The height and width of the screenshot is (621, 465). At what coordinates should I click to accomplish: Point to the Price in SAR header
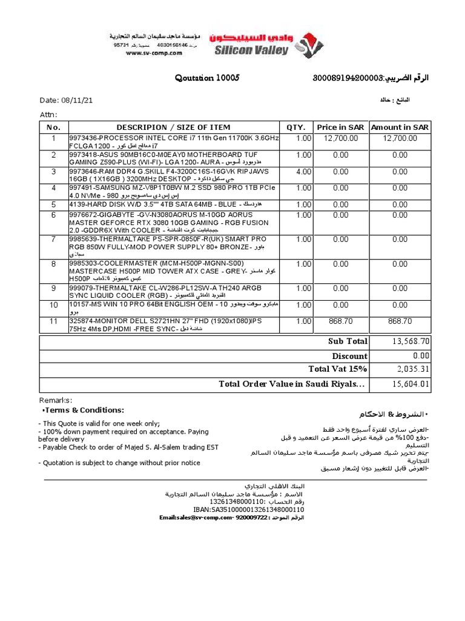340,127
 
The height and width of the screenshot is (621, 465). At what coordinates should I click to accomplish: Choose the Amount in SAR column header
400,127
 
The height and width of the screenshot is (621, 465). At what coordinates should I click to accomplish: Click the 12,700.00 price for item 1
341,138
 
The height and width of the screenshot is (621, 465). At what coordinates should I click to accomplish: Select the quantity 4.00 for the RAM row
303,172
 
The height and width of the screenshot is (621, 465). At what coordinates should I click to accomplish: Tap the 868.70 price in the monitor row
341,321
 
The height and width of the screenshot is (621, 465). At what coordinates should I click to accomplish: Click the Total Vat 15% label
338,369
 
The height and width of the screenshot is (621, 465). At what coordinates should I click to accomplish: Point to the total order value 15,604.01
411,384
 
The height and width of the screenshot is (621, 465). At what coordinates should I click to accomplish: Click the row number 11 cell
53,321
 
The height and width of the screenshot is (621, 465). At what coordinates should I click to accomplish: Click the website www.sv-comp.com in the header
154,53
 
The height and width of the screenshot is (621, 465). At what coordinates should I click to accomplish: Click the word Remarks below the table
56,400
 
